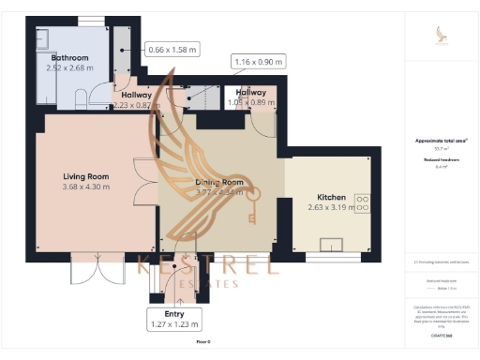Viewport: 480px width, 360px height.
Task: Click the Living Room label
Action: pyautogui.click(x=87, y=176)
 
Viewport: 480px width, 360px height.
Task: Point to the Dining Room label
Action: pyautogui.click(x=219, y=182)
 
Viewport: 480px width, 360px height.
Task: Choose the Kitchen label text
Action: pyautogui.click(x=332, y=198)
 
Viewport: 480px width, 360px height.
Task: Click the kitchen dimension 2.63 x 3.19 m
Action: pyautogui.click(x=332, y=208)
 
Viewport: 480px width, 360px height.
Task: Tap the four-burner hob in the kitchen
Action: pyautogui.click(x=361, y=203)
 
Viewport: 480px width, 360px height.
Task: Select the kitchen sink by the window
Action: pyautogui.click(x=332, y=246)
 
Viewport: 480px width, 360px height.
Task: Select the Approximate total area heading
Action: pyautogui.click(x=441, y=141)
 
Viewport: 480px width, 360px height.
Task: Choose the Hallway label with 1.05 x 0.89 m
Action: pyautogui.click(x=251, y=93)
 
